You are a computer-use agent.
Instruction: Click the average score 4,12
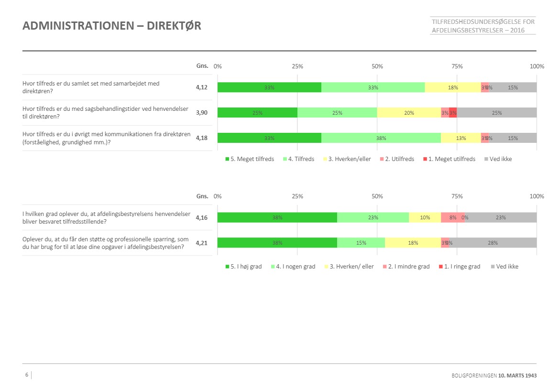[202, 87]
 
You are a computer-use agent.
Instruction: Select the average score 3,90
[202, 113]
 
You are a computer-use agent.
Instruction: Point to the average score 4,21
[202, 243]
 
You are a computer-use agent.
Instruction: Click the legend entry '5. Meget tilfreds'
[250, 159]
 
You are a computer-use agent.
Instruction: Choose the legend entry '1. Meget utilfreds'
[451, 159]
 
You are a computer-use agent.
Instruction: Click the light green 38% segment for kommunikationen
[381, 138]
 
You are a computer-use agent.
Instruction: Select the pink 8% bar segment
[452, 217]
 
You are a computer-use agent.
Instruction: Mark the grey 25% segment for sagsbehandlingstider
[497, 113]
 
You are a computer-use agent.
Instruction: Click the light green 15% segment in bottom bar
[361, 243]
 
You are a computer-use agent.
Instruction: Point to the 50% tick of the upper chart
[377, 66]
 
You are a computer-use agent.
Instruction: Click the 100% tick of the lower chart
[537, 196]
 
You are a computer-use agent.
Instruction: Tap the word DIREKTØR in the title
[174, 26]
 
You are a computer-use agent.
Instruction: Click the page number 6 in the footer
[27, 375]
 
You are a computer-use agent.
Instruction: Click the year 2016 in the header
[517, 31]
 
